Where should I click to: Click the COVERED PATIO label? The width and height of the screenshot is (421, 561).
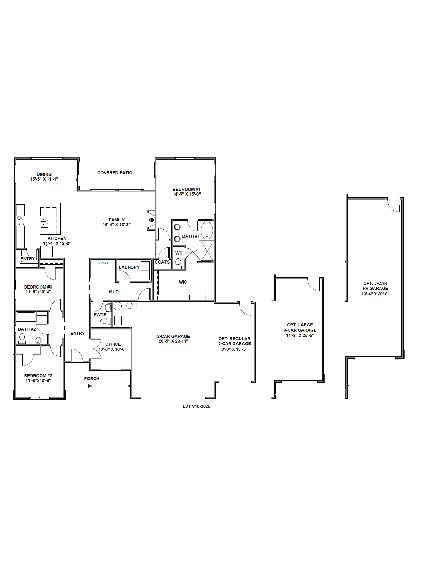[x=115, y=173]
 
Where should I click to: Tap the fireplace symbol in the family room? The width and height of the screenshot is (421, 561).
[x=151, y=220]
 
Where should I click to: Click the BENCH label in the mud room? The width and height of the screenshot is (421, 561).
[x=103, y=263]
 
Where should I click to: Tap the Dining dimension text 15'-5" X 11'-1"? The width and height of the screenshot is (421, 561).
[x=44, y=179]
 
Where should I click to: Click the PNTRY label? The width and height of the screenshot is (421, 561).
[x=27, y=259]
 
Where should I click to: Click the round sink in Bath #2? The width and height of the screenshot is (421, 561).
[x=38, y=340]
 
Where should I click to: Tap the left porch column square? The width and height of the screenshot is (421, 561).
[x=90, y=386]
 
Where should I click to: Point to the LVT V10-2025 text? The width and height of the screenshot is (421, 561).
[x=196, y=406]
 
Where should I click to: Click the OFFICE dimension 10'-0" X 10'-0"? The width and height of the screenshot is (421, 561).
[x=112, y=349]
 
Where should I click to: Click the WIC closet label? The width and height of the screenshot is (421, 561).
[x=183, y=282]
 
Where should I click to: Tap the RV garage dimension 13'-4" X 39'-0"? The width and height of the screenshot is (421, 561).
[x=375, y=294]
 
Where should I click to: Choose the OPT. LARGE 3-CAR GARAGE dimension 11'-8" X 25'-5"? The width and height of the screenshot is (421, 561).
[x=300, y=335]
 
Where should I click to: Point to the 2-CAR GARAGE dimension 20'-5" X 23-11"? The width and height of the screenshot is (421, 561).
[x=173, y=341]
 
